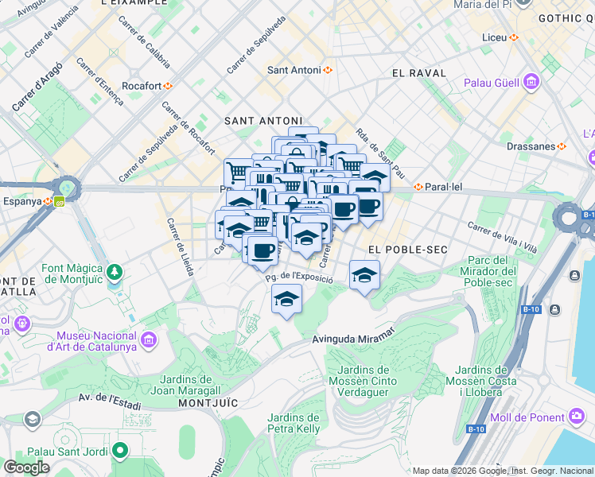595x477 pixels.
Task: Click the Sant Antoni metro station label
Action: pyautogui.click(x=294, y=70)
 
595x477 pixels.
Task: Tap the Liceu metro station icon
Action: pyautogui.click(x=514, y=37)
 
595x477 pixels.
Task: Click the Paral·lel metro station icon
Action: pyautogui.click(x=418, y=188)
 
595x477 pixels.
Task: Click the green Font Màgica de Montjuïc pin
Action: pyautogui.click(x=116, y=273)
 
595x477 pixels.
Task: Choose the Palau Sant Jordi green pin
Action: pyautogui.click(x=120, y=452)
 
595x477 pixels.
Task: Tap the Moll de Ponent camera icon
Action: pyautogui.click(x=577, y=417)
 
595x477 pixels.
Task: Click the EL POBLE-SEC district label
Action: pyautogui.click(x=399, y=250)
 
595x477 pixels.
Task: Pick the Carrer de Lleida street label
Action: pyautogui.click(x=180, y=246)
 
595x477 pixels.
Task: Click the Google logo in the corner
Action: pyautogui.click(x=26, y=467)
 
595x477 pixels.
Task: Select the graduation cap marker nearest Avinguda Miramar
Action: pyautogui.click(x=286, y=299)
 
